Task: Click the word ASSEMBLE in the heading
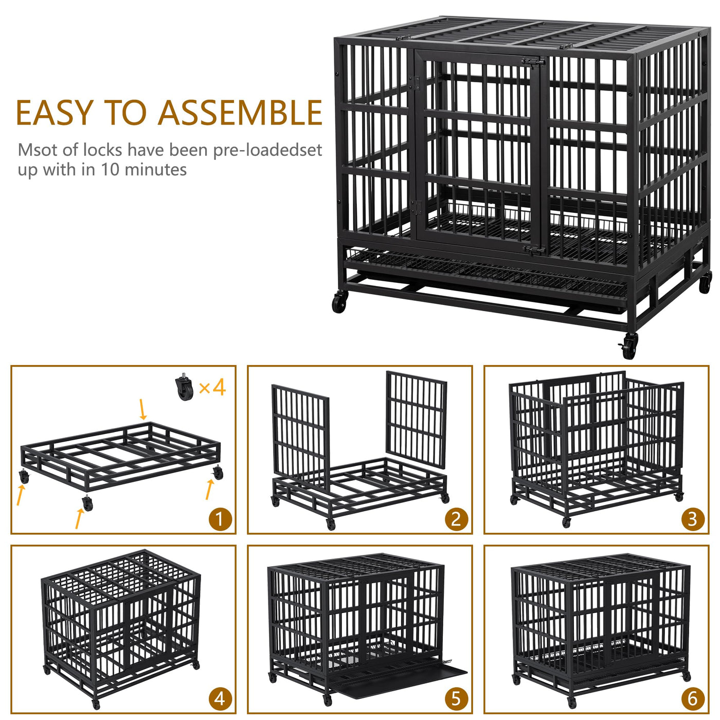(240, 113)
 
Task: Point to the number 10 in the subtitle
(110, 170)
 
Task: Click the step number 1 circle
(220, 519)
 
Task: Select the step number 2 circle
(456, 519)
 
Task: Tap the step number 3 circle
(692, 519)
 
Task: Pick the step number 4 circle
(220, 699)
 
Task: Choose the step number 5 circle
(456, 699)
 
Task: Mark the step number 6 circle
(692, 699)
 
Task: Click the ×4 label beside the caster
(212, 387)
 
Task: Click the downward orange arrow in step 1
(142, 409)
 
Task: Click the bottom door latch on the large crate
(534, 250)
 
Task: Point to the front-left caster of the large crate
(339, 302)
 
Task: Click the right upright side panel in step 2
(416, 419)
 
